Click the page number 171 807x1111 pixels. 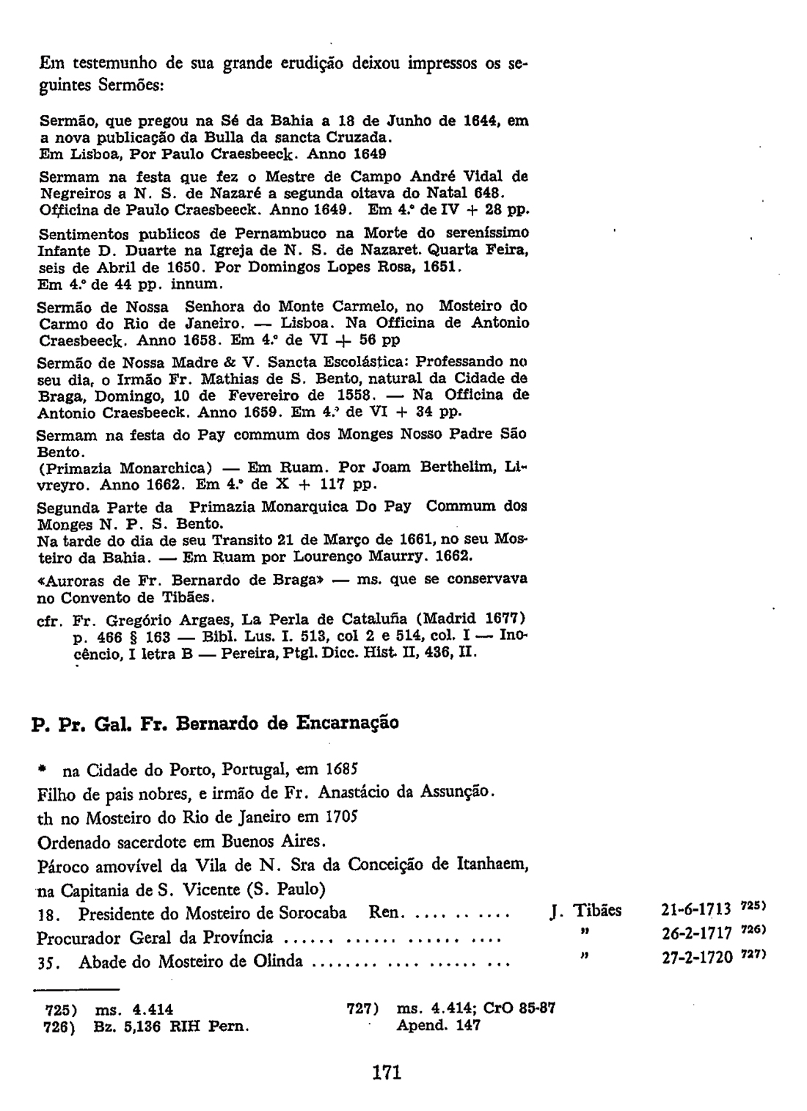(x=387, y=1073)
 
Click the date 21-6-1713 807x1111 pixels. (x=692, y=911)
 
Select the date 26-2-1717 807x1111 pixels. (x=692, y=935)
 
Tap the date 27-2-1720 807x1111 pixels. (x=692, y=959)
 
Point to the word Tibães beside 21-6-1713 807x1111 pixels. (x=596, y=911)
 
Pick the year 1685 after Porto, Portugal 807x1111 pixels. (x=341, y=770)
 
